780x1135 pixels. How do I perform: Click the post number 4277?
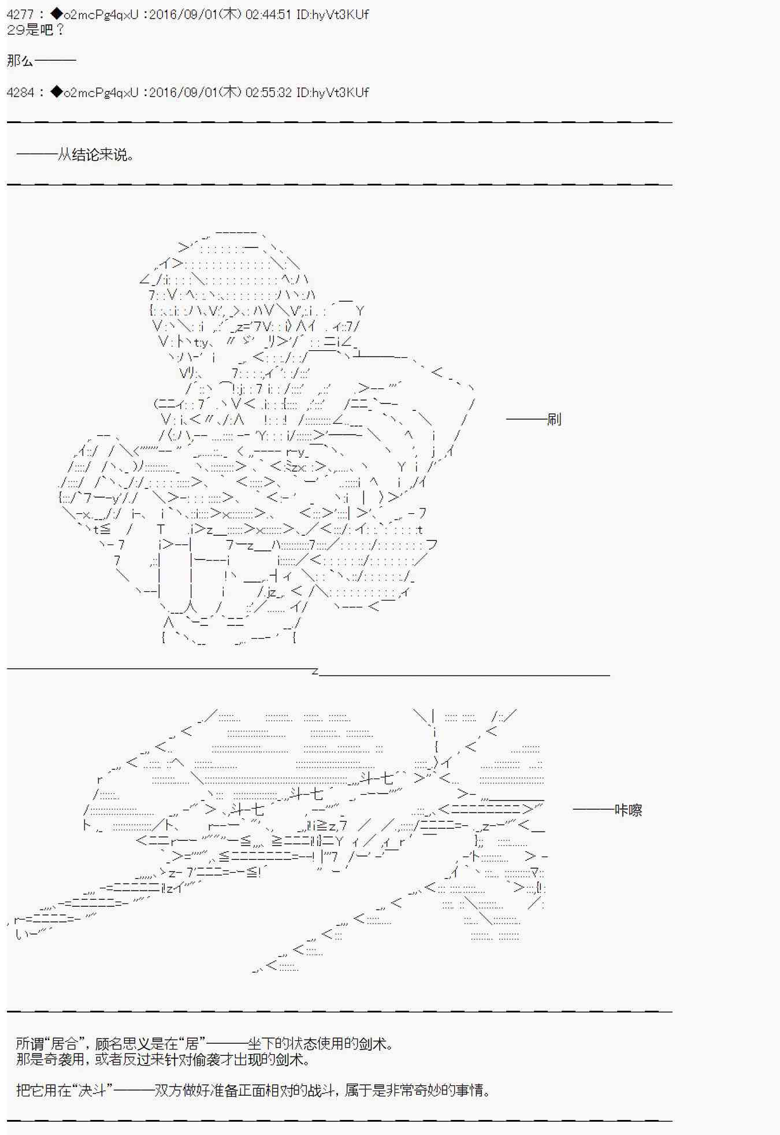pyautogui.click(x=20, y=14)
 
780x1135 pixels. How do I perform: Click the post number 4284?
pyautogui.click(x=20, y=92)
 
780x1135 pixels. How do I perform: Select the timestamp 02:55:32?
pyautogui.click(x=268, y=92)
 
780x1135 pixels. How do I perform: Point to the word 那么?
pyautogui.click(x=20, y=61)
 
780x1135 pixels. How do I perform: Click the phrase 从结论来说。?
pyautogui.click(x=96, y=155)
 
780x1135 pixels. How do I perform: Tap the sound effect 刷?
pyautogui.click(x=554, y=419)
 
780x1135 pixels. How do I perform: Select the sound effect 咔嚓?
pyautogui.click(x=628, y=810)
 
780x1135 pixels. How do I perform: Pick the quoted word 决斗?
pyautogui.click(x=92, y=1091)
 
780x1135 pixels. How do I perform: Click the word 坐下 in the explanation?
pyautogui.click(x=261, y=1044)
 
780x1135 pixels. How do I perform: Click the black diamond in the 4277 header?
pyautogui.click(x=56, y=14)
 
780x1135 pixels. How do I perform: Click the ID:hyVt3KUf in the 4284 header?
pyautogui.click(x=332, y=92)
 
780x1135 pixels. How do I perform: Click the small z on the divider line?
pyautogui.click(x=315, y=672)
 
